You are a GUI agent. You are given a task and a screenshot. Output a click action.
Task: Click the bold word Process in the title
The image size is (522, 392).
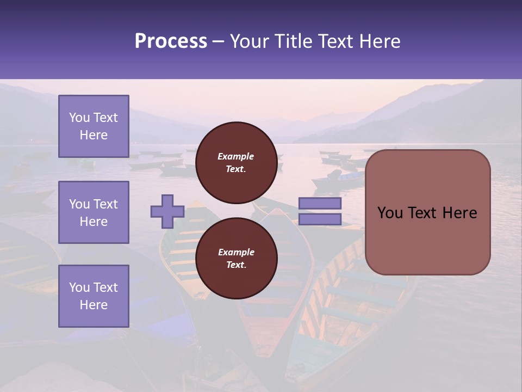click(x=171, y=41)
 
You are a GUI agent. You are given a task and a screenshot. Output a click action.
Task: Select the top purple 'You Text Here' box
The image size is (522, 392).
click(x=94, y=126)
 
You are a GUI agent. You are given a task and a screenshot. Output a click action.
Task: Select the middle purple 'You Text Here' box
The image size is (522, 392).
click(x=94, y=212)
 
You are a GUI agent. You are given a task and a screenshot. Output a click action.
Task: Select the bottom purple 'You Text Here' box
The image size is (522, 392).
click(x=94, y=296)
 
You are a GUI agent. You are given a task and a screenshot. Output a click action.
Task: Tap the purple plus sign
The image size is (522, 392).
click(x=167, y=211)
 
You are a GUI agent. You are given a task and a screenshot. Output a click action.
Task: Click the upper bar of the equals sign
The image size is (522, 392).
click(x=320, y=203)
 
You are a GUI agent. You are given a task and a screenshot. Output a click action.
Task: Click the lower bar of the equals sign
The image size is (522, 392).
click(x=320, y=219)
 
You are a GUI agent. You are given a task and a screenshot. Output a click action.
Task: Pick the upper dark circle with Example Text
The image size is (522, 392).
click(x=236, y=163)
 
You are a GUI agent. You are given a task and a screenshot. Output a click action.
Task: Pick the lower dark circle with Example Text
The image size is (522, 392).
click(x=236, y=259)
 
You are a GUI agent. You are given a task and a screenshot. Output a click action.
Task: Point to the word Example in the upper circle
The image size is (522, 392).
click(x=236, y=156)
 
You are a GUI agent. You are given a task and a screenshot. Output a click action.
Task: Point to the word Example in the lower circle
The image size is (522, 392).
click(x=236, y=252)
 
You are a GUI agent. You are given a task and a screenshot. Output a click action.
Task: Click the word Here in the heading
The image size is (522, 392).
click(x=381, y=41)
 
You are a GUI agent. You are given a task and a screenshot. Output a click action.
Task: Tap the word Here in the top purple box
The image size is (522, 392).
click(x=94, y=135)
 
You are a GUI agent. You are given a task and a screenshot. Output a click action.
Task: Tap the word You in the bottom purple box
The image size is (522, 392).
click(x=79, y=287)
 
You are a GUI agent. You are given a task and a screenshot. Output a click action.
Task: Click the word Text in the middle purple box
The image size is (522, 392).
click(x=105, y=204)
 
